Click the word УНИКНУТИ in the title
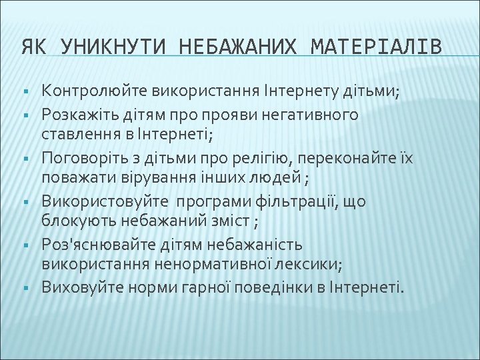(x=109, y=47)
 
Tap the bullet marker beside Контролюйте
(x=23, y=91)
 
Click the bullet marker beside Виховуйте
(x=23, y=287)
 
